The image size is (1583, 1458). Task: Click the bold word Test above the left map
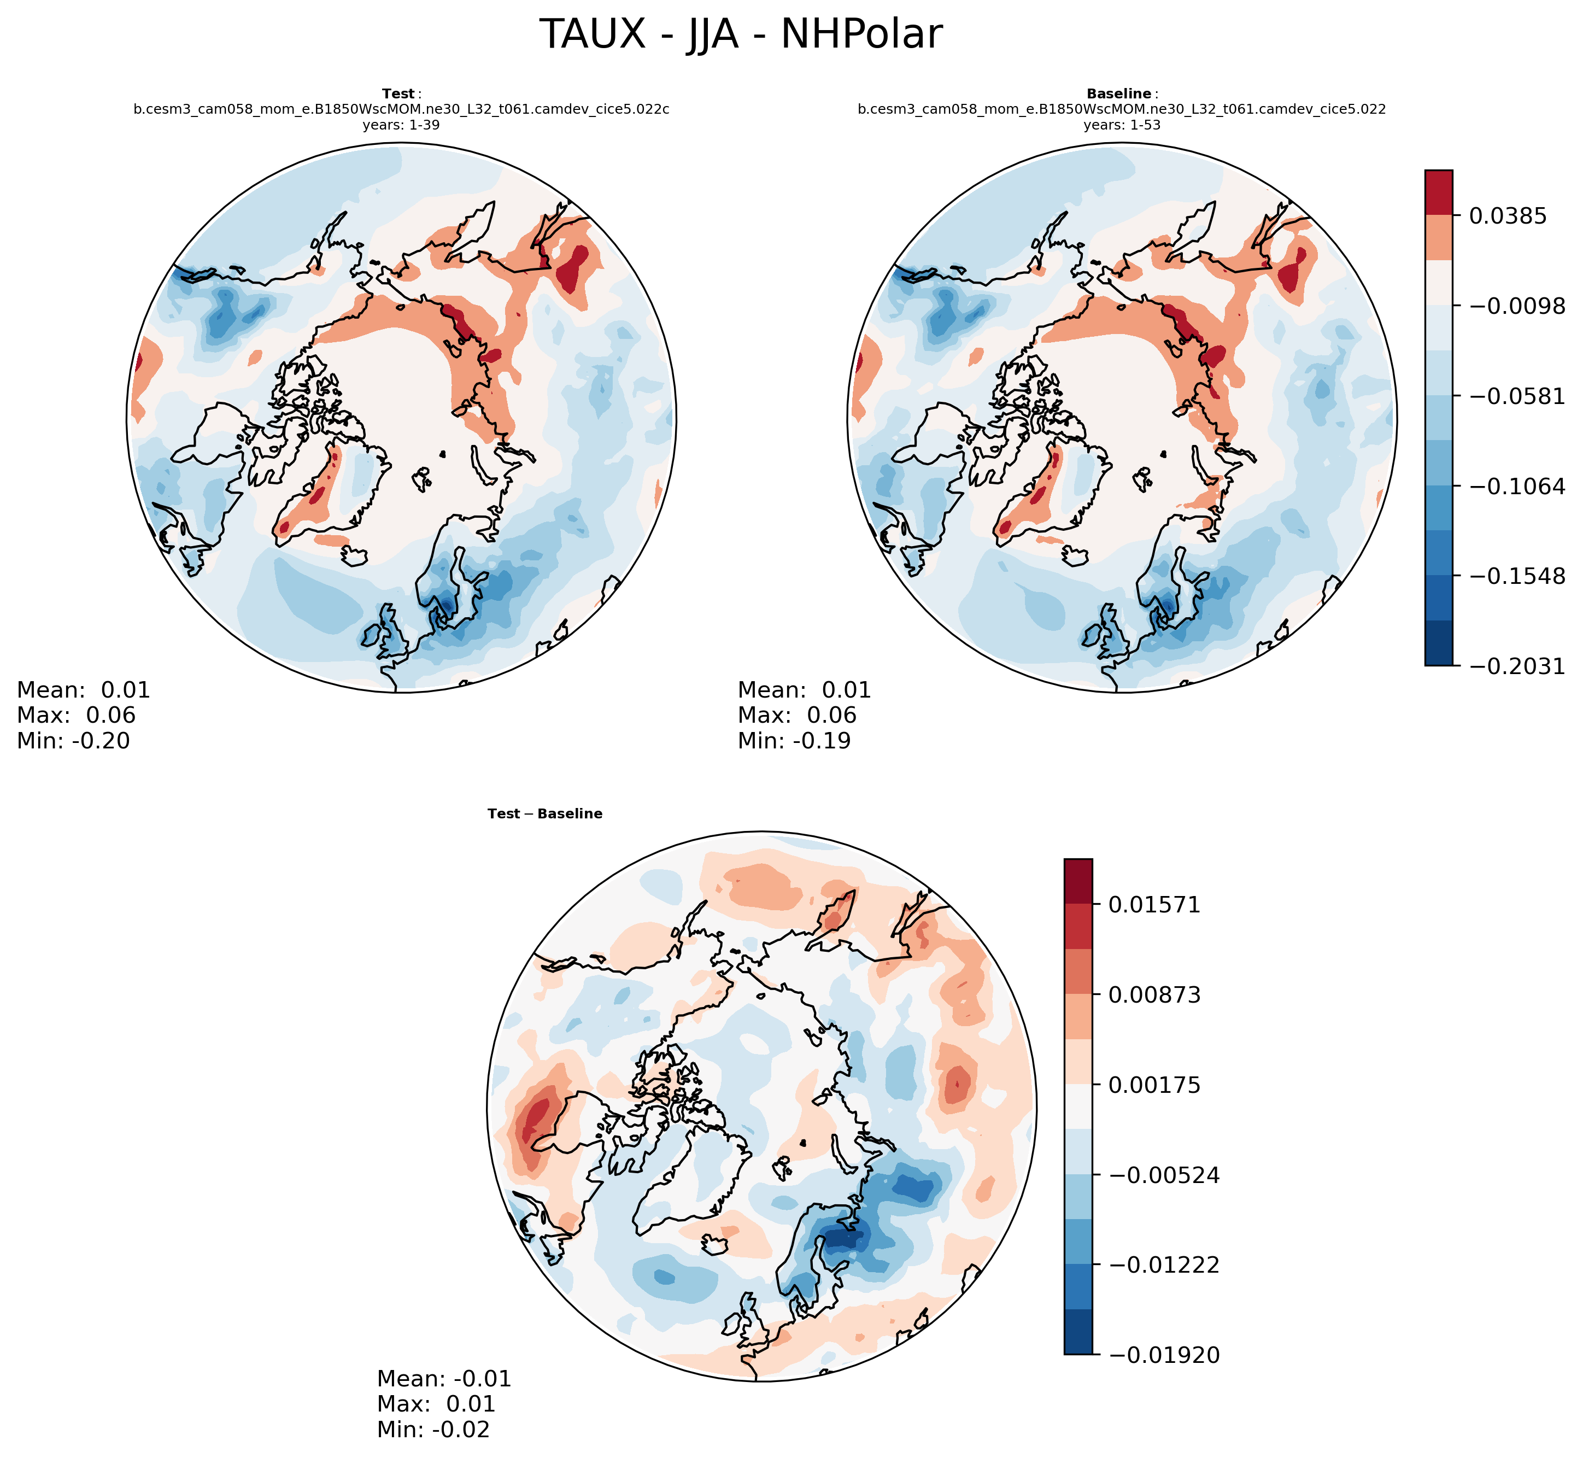coord(397,94)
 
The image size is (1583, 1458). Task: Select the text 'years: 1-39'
coord(401,125)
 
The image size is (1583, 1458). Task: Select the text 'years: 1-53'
coord(1122,125)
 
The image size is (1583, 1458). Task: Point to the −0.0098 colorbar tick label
coord(1516,306)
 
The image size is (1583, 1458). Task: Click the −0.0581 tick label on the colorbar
coord(1516,396)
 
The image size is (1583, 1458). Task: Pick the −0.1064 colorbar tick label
coord(1516,487)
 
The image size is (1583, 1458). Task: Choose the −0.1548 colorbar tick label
coord(1516,577)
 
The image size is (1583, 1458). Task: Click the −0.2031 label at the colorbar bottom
coord(1516,666)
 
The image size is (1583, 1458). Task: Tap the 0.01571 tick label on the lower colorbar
coord(1154,905)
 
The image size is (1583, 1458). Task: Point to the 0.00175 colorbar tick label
coord(1154,1085)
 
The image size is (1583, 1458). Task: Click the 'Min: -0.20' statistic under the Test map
coord(73,741)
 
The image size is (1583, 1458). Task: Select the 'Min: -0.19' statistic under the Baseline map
coord(794,741)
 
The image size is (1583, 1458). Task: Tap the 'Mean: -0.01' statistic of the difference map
coord(444,1378)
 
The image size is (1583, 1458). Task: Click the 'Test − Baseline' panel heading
coord(544,813)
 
